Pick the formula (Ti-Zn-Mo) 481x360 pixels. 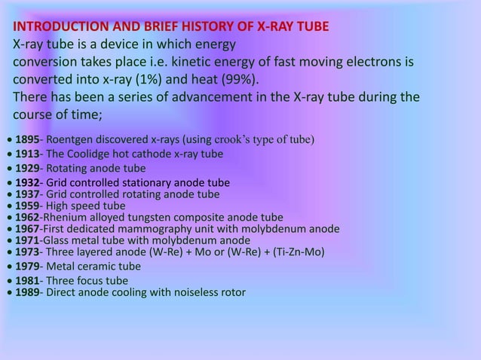[295, 252]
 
